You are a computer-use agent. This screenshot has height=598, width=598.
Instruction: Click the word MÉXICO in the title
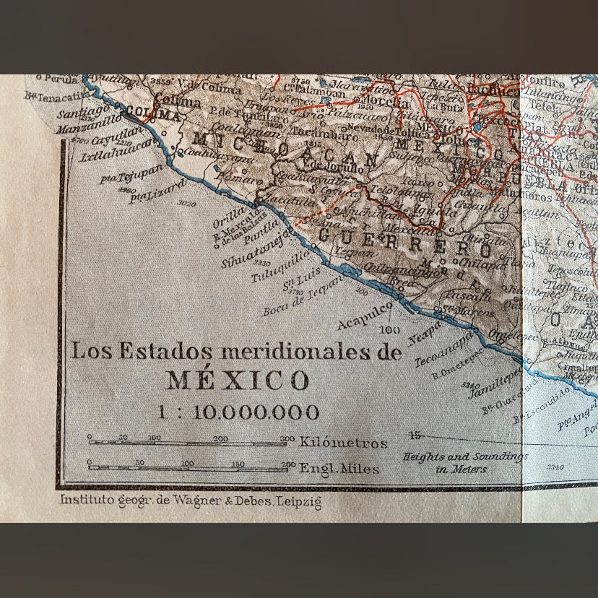(x=238, y=380)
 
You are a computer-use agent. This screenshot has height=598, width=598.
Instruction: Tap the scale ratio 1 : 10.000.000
(x=239, y=412)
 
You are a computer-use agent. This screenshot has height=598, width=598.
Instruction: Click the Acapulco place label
(x=365, y=314)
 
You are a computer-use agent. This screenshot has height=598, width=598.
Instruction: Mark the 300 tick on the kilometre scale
(x=287, y=438)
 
